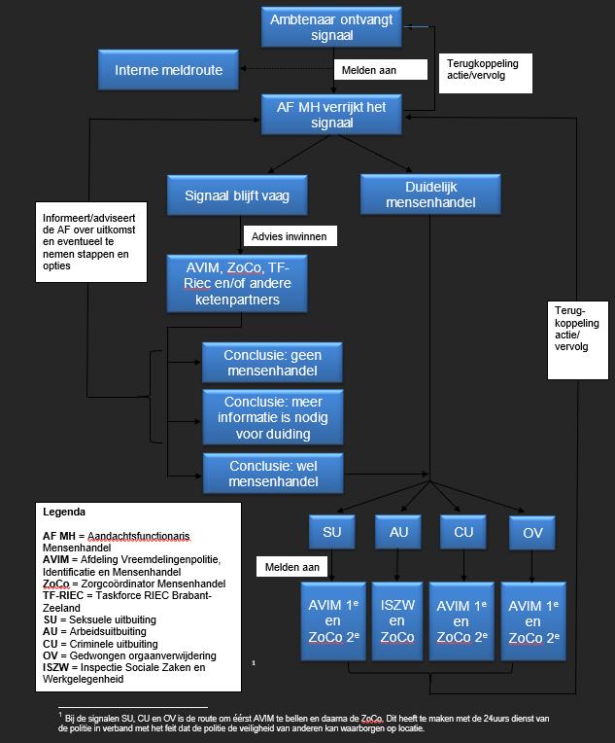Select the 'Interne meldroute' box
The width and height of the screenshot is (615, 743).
[x=169, y=69]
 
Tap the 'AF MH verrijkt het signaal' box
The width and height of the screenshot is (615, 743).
[x=331, y=114]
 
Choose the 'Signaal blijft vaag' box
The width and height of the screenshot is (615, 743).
[x=237, y=195]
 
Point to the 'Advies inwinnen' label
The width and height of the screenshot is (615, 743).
[x=289, y=236]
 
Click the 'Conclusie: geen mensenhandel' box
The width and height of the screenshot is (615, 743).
[x=272, y=362]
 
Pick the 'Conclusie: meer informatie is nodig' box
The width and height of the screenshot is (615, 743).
[x=272, y=416]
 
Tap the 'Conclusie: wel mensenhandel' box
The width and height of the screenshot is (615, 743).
[x=272, y=473]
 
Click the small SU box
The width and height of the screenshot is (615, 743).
[x=331, y=532]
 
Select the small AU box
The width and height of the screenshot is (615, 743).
[x=397, y=532]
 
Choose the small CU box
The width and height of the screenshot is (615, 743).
[x=462, y=532]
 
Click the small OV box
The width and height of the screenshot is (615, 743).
[x=532, y=532]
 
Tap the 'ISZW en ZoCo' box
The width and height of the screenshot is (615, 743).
[x=397, y=620]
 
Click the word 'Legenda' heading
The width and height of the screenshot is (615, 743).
[x=64, y=512]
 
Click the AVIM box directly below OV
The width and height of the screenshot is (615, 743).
[x=532, y=620]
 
